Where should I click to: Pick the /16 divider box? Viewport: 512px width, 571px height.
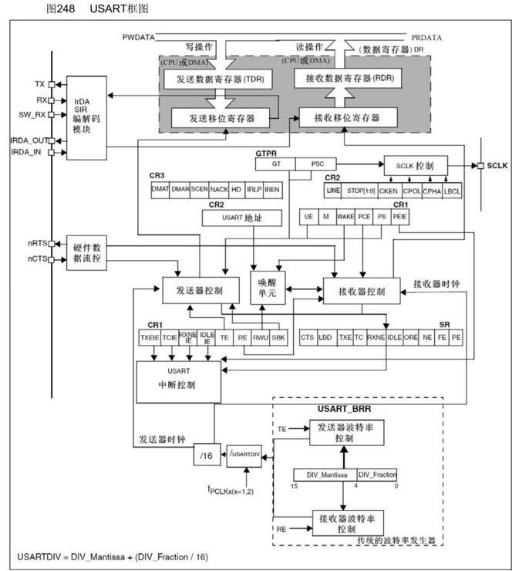(204, 456)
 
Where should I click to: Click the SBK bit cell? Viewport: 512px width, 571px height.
(279, 337)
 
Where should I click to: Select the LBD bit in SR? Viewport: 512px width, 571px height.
(326, 337)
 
